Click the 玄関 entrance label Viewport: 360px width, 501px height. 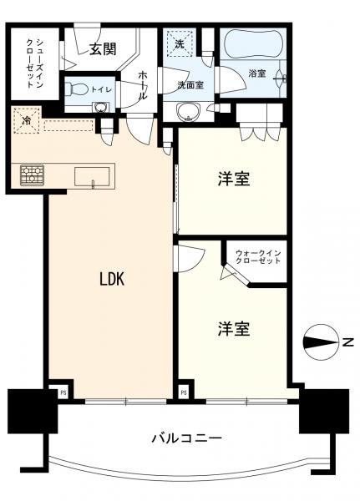coord(102,49)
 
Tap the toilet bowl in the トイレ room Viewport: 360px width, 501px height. coord(76,89)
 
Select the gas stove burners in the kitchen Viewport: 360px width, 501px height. coord(32,175)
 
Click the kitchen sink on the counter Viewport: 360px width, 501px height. coord(92,176)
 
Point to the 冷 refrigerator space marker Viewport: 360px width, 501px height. coord(26,120)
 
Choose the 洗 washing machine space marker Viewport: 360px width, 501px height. coord(180,43)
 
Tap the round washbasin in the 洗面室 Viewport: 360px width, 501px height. coord(189,112)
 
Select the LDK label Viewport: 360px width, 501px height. coord(112,279)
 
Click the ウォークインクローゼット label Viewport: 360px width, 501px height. coord(258,256)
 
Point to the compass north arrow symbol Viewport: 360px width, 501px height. coord(321,342)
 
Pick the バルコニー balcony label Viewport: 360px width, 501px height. coord(186,438)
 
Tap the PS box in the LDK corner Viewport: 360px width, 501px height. coord(63,393)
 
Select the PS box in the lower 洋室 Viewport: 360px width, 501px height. coord(184,393)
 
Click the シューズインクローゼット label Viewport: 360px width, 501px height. coord(34,63)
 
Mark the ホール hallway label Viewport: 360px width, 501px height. coord(143,85)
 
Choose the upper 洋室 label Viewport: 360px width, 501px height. coord(234,179)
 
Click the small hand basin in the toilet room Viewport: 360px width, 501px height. coord(101,108)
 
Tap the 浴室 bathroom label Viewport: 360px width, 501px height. coord(257,73)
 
